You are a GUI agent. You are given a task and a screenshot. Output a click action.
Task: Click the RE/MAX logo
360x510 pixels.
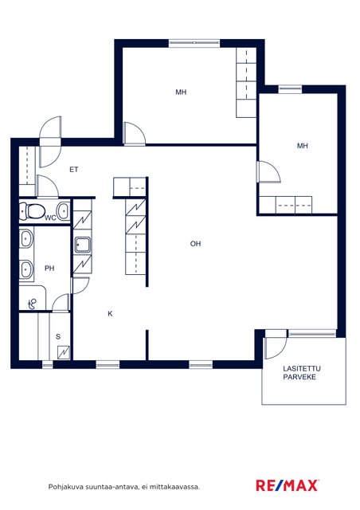click(288, 485)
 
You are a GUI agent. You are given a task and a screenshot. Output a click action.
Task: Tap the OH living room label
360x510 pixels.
click(195, 244)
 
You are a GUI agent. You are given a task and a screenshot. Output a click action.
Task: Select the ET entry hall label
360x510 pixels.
click(74, 170)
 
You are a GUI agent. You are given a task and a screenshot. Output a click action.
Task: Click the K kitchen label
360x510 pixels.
click(110, 314)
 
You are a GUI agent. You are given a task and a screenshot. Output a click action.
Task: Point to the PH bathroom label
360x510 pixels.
click(49, 269)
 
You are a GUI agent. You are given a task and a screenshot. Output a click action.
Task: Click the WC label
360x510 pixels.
click(50, 218)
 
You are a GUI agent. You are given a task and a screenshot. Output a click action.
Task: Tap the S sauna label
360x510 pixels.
click(58, 336)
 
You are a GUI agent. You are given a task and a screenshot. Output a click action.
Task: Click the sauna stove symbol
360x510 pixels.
click(64, 352)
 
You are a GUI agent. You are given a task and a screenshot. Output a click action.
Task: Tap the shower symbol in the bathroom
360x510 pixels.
click(32, 304)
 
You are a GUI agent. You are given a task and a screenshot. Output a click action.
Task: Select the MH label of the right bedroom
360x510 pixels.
click(303, 146)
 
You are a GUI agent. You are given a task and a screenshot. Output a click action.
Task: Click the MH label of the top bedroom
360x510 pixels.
click(181, 92)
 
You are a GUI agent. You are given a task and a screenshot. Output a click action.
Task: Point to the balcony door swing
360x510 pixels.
click(276, 347)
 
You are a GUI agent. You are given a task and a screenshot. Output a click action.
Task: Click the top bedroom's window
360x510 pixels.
click(194, 43)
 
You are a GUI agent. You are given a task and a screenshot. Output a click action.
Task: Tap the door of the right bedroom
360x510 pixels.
click(268, 172)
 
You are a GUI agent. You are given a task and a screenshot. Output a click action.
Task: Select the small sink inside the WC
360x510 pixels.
click(64, 210)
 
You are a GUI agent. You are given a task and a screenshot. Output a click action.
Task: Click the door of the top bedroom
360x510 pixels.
click(135, 133)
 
